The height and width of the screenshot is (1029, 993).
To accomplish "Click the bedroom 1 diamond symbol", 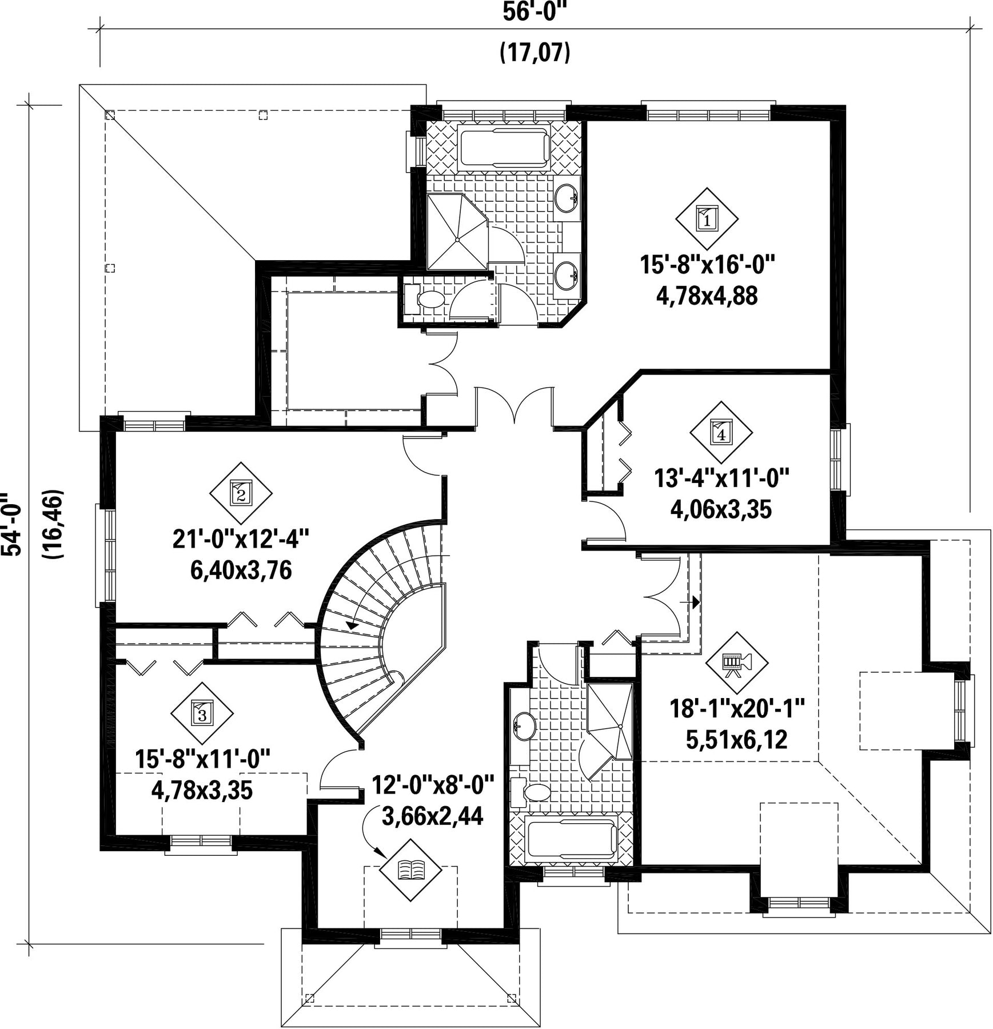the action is [x=707, y=218].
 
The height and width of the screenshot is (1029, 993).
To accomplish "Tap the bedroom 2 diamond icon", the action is [x=240, y=493].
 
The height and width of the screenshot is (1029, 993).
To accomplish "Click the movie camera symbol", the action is [x=736, y=663].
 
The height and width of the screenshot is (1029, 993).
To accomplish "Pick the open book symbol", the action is [x=412, y=871].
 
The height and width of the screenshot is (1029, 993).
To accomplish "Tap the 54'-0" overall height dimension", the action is [x=13, y=524].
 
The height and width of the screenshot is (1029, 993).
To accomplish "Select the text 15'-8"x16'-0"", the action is [x=707, y=265].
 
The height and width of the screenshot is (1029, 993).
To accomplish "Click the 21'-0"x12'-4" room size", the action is [x=241, y=539].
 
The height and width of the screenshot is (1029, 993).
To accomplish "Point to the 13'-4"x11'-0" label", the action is [x=721, y=478].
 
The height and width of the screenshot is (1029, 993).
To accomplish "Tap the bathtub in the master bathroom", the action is [x=503, y=147].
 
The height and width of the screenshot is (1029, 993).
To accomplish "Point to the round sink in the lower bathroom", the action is [x=524, y=725].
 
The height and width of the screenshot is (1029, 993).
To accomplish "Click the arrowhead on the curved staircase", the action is [x=353, y=625].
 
